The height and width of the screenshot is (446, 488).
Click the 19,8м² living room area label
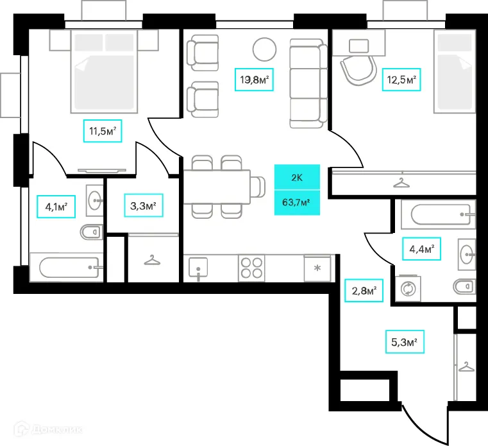pyautogui.click(x=254, y=80)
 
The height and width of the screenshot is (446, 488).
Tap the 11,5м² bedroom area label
pyautogui.click(x=103, y=131)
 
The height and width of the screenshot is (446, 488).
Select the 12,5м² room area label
pyautogui.click(x=401, y=80)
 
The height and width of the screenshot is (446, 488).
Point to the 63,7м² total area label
pyautogui.click(x=297, y=202)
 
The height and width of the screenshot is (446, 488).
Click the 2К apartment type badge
pyautogui.click(x=297, y=177)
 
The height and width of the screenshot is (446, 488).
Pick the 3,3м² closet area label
pyautogui.click(x=144, y=205)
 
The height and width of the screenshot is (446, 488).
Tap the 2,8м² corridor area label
pyautogui.click(x=364, y=290)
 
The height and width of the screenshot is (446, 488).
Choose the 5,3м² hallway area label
pyautogui.click(x=405, y=341)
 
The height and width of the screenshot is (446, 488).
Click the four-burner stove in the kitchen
pyautogui.click(x=251, y=268)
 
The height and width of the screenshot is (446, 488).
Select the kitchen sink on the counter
pyautogui.click(x=198, y=268)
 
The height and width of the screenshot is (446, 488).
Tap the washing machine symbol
pyautogui.click(x=408, y=288)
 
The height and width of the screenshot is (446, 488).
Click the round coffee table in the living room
pyautogui.click(x=265, y=49)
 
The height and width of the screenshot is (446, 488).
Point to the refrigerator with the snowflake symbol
pyautogui.click(x=317, y=268)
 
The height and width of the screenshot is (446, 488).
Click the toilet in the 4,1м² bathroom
pyautogui.click(x=92, y=232)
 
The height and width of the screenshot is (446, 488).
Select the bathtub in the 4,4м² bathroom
pyautogui.click(x=438, y=214)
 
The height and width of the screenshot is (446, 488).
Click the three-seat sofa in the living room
pyautogui.click(x=308, y=83)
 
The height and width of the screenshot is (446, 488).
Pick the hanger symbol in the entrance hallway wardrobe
pyautogui.click(x=466, y=367)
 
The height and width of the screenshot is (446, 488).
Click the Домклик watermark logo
pyautogui.click(x=48, y=430)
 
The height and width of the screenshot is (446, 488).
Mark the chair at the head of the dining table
pyautogui.click(x=258, y=187)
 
